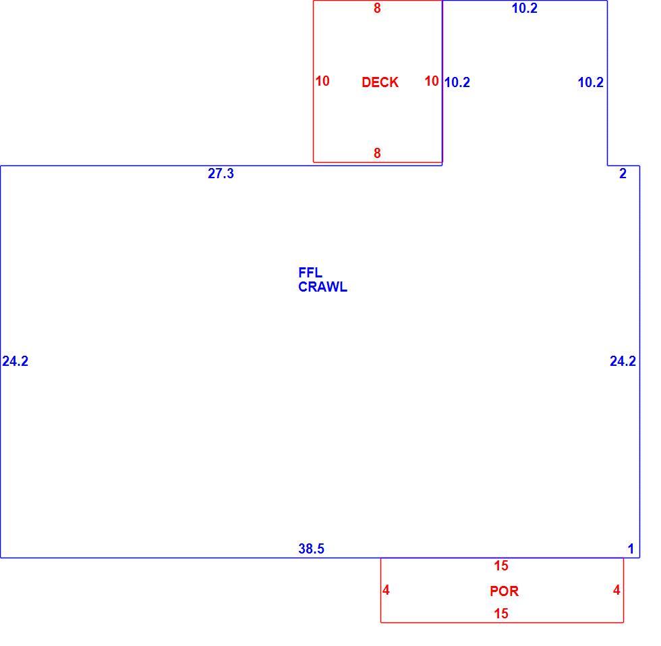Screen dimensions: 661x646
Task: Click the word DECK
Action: [x=380, y=82]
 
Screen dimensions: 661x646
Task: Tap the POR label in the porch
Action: [x=505, y=591]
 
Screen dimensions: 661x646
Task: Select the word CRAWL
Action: [x=322, y=287]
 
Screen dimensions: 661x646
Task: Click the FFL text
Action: [x=310, y=273]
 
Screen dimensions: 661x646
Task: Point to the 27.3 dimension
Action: [x=221, y=173]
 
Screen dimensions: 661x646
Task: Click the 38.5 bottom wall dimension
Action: [x=311, y=549]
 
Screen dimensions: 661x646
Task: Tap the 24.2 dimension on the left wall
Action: [x=15, y=361]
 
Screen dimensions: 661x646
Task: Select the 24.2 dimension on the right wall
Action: [x=623, y=361]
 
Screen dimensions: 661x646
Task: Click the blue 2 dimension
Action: [x=623, y=173]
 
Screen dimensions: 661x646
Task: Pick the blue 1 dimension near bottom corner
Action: [x=631, y=549]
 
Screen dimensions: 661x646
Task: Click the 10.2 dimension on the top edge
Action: [x=525, y=8]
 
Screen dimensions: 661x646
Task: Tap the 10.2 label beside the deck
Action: [x=457, y=82]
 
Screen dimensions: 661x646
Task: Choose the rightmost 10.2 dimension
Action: [x=591, y=82]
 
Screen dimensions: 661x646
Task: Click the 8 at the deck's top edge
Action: [x=377, y=8]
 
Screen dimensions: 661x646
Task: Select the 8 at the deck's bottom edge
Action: [x=377, y=153]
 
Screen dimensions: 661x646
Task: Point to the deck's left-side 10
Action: [x=322, y=81]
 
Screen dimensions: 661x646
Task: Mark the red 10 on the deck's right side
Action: [x=432, y=81]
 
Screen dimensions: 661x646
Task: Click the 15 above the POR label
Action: [x=501, y=566]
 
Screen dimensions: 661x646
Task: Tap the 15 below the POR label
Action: [x=501, y=614]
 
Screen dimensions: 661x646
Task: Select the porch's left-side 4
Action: [x=386, y=590]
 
